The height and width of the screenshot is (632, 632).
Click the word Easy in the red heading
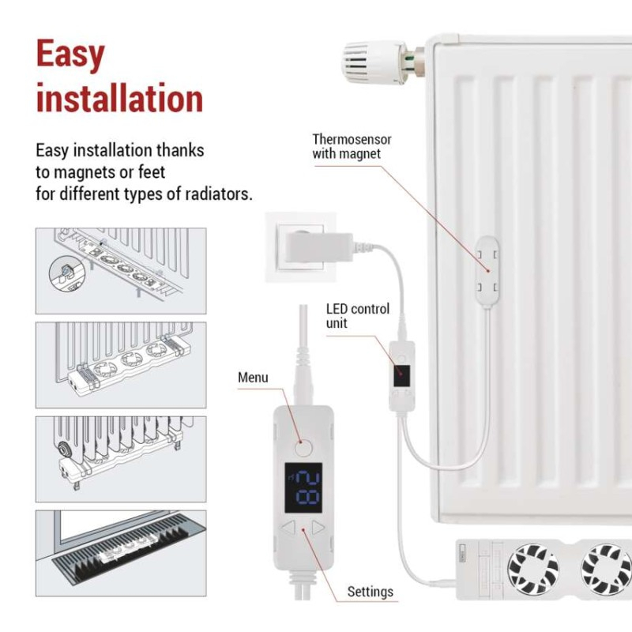click(x=70, y=55)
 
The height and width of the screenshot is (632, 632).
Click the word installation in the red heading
click(x=119, y=100)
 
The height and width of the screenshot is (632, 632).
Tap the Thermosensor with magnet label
click(x=352, y=146)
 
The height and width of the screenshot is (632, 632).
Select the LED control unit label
click(x=357, y=316)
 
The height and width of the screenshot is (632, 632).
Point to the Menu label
click(x=253, y=378)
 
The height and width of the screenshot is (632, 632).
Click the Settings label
click(x=370, y=591)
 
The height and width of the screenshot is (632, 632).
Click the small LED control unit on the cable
click(x=402, y=371)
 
